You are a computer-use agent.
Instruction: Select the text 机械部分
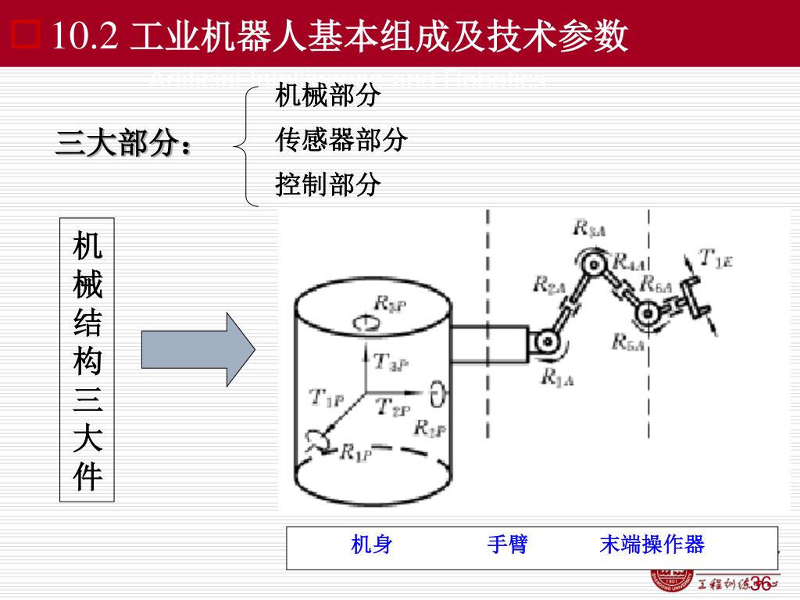point(327,96)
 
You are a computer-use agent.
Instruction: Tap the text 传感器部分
point(341,141)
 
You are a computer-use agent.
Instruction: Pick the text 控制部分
point(327,185)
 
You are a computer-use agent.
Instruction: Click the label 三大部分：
point(123,145)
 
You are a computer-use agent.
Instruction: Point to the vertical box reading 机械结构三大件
point(87,360)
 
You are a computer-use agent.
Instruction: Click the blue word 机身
point(371,545)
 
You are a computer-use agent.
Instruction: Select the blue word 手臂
point(507,545)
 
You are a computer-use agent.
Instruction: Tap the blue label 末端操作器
point(652,545)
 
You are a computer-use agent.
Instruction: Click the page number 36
point(760,583)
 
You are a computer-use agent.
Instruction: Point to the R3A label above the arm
point(591,228)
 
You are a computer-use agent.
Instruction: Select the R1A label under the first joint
point(557,379)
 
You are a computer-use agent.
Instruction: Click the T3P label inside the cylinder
point(391,362)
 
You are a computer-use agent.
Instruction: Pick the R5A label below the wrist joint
point(628,341)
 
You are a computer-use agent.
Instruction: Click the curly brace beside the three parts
point(248,145)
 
